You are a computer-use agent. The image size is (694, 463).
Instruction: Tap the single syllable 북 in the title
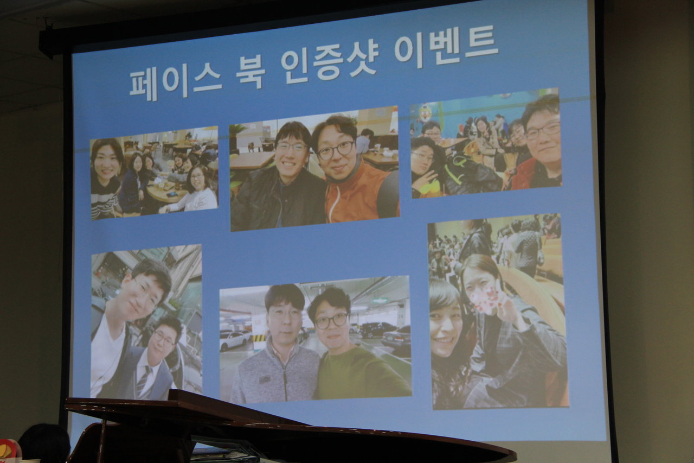[250, 74]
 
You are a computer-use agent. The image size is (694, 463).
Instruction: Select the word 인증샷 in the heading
[329, 63]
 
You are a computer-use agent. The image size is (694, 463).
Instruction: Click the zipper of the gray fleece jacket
[285, 377]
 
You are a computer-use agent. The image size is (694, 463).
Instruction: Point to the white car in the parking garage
[234, 340]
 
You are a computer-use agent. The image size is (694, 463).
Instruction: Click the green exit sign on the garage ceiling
[380, 301]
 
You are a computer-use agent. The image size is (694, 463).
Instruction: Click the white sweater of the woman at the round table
[191, 201]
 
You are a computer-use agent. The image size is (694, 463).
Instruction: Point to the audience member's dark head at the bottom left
[44, 444]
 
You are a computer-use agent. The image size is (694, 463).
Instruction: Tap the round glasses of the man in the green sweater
[331, 321]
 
